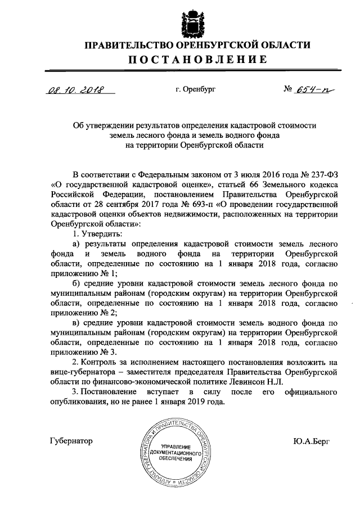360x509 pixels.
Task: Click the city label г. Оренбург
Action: tap(195, 89)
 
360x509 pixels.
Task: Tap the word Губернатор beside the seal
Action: tap(71, 442)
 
